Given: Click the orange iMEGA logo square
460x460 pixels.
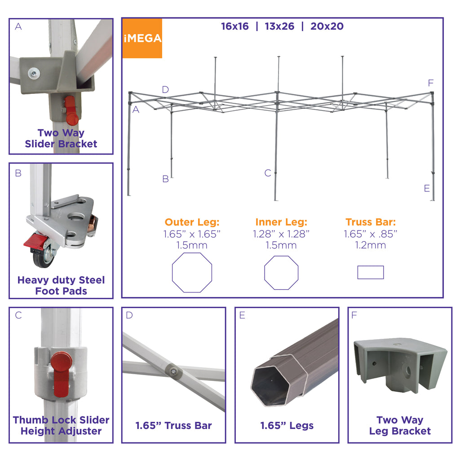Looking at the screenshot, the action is (142, 38).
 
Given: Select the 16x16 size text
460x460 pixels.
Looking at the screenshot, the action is (234, 27).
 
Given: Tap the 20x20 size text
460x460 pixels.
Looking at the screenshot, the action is (327, 27).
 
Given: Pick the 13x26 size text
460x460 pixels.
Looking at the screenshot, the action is (279, 27).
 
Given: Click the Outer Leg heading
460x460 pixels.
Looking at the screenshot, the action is (192, 222).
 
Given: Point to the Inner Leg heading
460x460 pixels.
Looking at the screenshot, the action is (281, 222).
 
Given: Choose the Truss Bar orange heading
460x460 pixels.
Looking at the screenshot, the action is (371, 222).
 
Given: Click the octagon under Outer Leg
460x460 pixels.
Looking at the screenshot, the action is (172, 273).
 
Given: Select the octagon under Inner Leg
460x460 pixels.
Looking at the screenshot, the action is (265, 273).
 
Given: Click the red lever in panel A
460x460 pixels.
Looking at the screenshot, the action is (71, 111).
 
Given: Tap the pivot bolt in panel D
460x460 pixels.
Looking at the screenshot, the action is (173, 372).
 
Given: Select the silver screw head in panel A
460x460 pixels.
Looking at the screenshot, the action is (34, 73).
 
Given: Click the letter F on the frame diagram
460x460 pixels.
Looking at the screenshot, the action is (430, 83).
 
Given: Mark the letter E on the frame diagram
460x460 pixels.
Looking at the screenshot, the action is (427, 188).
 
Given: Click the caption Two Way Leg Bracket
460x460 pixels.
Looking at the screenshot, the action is (400, 425).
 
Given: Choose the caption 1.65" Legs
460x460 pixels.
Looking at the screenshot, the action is (287, 425).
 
